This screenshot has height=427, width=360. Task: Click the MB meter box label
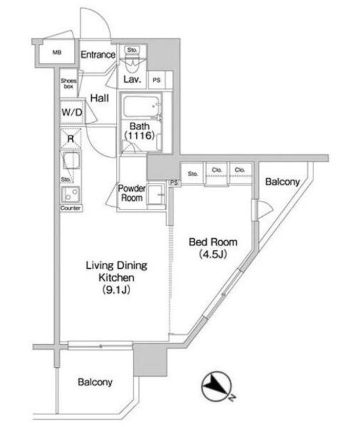coord(57,53)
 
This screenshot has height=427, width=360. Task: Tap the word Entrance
coord(98,55)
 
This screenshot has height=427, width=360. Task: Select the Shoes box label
coord(69,83)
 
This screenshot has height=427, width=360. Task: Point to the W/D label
coord(72,112)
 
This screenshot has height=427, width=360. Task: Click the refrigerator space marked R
coord(71,139)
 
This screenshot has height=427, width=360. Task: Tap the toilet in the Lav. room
coord(132,61)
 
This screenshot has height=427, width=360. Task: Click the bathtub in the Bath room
coord(141,107)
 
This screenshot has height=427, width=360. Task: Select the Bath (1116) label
coord(139,131)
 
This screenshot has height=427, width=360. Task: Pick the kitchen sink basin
coord(71,160)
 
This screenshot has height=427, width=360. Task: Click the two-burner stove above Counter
coord(71,194)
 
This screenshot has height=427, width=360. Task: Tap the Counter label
coord(71,208)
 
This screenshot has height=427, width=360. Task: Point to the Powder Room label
coord(132,193)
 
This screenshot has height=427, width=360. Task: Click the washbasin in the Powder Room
coord(155,194)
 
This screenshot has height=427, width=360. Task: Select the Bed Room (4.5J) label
coord(213,248)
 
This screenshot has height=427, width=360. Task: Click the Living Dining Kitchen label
coord(117,278)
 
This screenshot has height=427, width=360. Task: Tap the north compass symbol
coord(216,386)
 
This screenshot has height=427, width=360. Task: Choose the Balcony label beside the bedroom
coord(283,182)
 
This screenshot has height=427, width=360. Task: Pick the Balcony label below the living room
coord(95,382)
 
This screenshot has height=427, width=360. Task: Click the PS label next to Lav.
coord(157,80)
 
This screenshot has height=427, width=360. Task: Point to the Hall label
coord(99,98)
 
